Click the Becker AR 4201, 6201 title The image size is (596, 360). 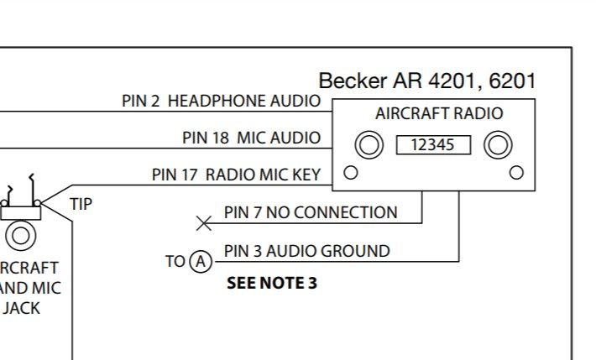(427, 81)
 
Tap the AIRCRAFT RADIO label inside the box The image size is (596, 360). (439, 113)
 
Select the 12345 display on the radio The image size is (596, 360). (433, 145)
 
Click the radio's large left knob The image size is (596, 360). (369, 145)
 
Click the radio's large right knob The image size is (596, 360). (498, 145)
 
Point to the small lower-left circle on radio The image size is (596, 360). (350, 173)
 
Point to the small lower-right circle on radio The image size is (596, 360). (516, 173)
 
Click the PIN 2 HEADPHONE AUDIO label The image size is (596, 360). (222, 102)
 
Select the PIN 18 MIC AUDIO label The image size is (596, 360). (251, 138)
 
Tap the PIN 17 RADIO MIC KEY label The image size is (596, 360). (236, 175)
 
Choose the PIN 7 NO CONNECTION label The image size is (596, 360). (311, 212)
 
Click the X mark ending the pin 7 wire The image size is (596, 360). (204, 223)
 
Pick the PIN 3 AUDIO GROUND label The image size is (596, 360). (306, 251)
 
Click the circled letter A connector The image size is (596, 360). (201, 262)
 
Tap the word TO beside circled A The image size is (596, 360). (175, 262)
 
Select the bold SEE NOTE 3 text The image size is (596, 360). (272, 283)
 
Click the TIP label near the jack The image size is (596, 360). (81, 204)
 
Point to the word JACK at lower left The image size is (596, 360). (21, 308)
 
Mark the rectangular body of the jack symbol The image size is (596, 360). (20, 213)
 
